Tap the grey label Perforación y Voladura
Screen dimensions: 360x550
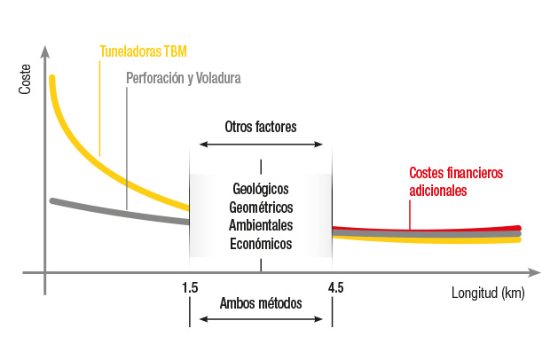[184, 78]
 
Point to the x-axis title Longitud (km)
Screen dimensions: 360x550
[488, 293]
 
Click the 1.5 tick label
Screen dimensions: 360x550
[189, 287]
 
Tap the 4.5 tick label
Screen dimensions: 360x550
[335, 287]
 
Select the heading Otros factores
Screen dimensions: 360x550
[261, 126]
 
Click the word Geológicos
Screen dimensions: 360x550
[261, 189]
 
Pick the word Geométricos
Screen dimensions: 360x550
[261, 207]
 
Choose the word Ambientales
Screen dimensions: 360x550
[261, 225]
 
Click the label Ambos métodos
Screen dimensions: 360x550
[261, 303]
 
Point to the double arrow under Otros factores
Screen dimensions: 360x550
[261, 144]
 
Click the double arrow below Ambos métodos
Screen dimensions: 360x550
[261, 319]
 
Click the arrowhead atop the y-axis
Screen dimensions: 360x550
[43, 43]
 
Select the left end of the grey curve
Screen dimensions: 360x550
[52, 201]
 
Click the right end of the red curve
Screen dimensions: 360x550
[519, 229]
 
